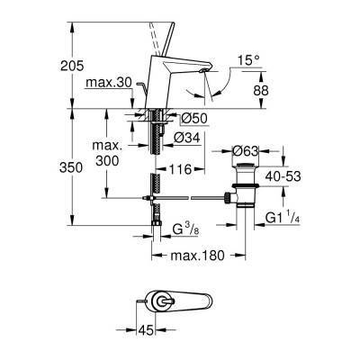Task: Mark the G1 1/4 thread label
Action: (x=288, y=219)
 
